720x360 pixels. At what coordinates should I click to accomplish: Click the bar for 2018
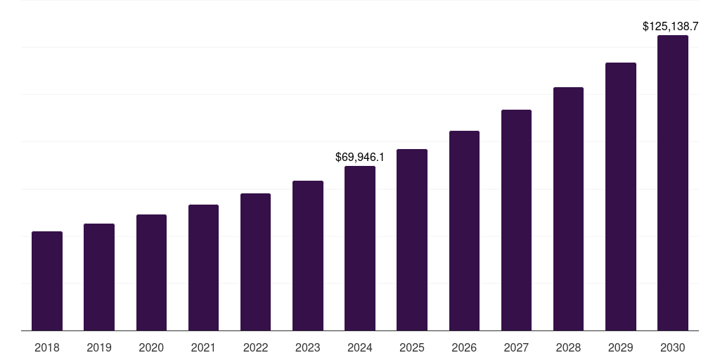47,281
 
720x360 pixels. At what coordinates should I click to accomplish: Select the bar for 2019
99,277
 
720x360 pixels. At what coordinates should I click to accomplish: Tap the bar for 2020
151,273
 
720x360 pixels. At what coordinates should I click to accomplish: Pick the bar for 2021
203,268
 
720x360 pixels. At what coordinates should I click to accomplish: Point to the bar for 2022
255,262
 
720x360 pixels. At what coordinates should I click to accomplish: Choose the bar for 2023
308,256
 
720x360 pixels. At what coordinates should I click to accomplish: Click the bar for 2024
360,248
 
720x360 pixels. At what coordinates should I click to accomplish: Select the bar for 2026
464,231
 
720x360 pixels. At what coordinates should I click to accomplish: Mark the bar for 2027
516,220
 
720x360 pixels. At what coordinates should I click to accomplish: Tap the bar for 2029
621,197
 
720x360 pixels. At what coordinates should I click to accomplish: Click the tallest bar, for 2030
673,183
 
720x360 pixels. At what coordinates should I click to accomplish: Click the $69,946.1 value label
360,157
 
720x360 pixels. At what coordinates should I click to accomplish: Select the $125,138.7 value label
671,26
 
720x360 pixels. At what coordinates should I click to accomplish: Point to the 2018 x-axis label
47,347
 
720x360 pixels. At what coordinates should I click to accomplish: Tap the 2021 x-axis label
203,347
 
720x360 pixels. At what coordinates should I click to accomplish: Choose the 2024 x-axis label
360,347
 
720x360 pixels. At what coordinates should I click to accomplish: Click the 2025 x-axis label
412,347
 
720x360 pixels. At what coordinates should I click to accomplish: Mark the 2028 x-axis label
568,347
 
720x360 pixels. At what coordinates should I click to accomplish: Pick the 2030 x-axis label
673,347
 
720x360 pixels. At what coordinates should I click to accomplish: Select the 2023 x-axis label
308,347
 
